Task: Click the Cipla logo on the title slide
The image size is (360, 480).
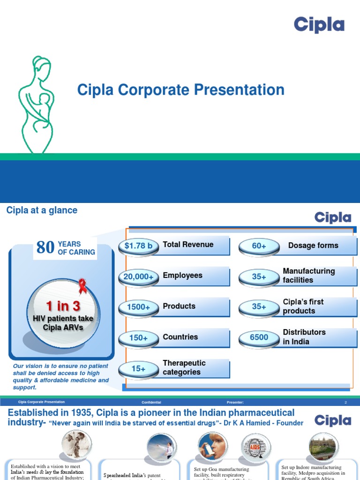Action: pos(319,25)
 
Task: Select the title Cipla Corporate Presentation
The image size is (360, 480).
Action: pos(180,90)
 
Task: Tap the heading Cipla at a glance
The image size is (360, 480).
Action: pos(42,210)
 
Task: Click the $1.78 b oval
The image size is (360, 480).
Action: pos(138,246)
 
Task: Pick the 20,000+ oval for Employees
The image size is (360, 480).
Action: pos(138,277)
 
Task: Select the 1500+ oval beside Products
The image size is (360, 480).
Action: pos(138,307)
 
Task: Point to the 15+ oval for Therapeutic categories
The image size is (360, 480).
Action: pos(138,369)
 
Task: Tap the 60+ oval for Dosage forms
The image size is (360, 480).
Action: pos(259,246)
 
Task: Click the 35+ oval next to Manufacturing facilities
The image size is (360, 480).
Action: pos(259,277)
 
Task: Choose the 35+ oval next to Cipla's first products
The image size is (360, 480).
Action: pos(259,307)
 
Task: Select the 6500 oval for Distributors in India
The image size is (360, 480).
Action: pos(259,337)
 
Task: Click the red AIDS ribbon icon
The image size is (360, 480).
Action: pos(83,286)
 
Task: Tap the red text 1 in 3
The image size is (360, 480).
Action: pos(63,307)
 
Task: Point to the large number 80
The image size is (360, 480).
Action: pos(45,247)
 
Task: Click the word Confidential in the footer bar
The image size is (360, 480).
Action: pos(151,402)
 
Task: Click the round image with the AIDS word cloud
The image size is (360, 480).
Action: pos(255,447)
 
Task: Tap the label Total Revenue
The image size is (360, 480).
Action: pos(188,245)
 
